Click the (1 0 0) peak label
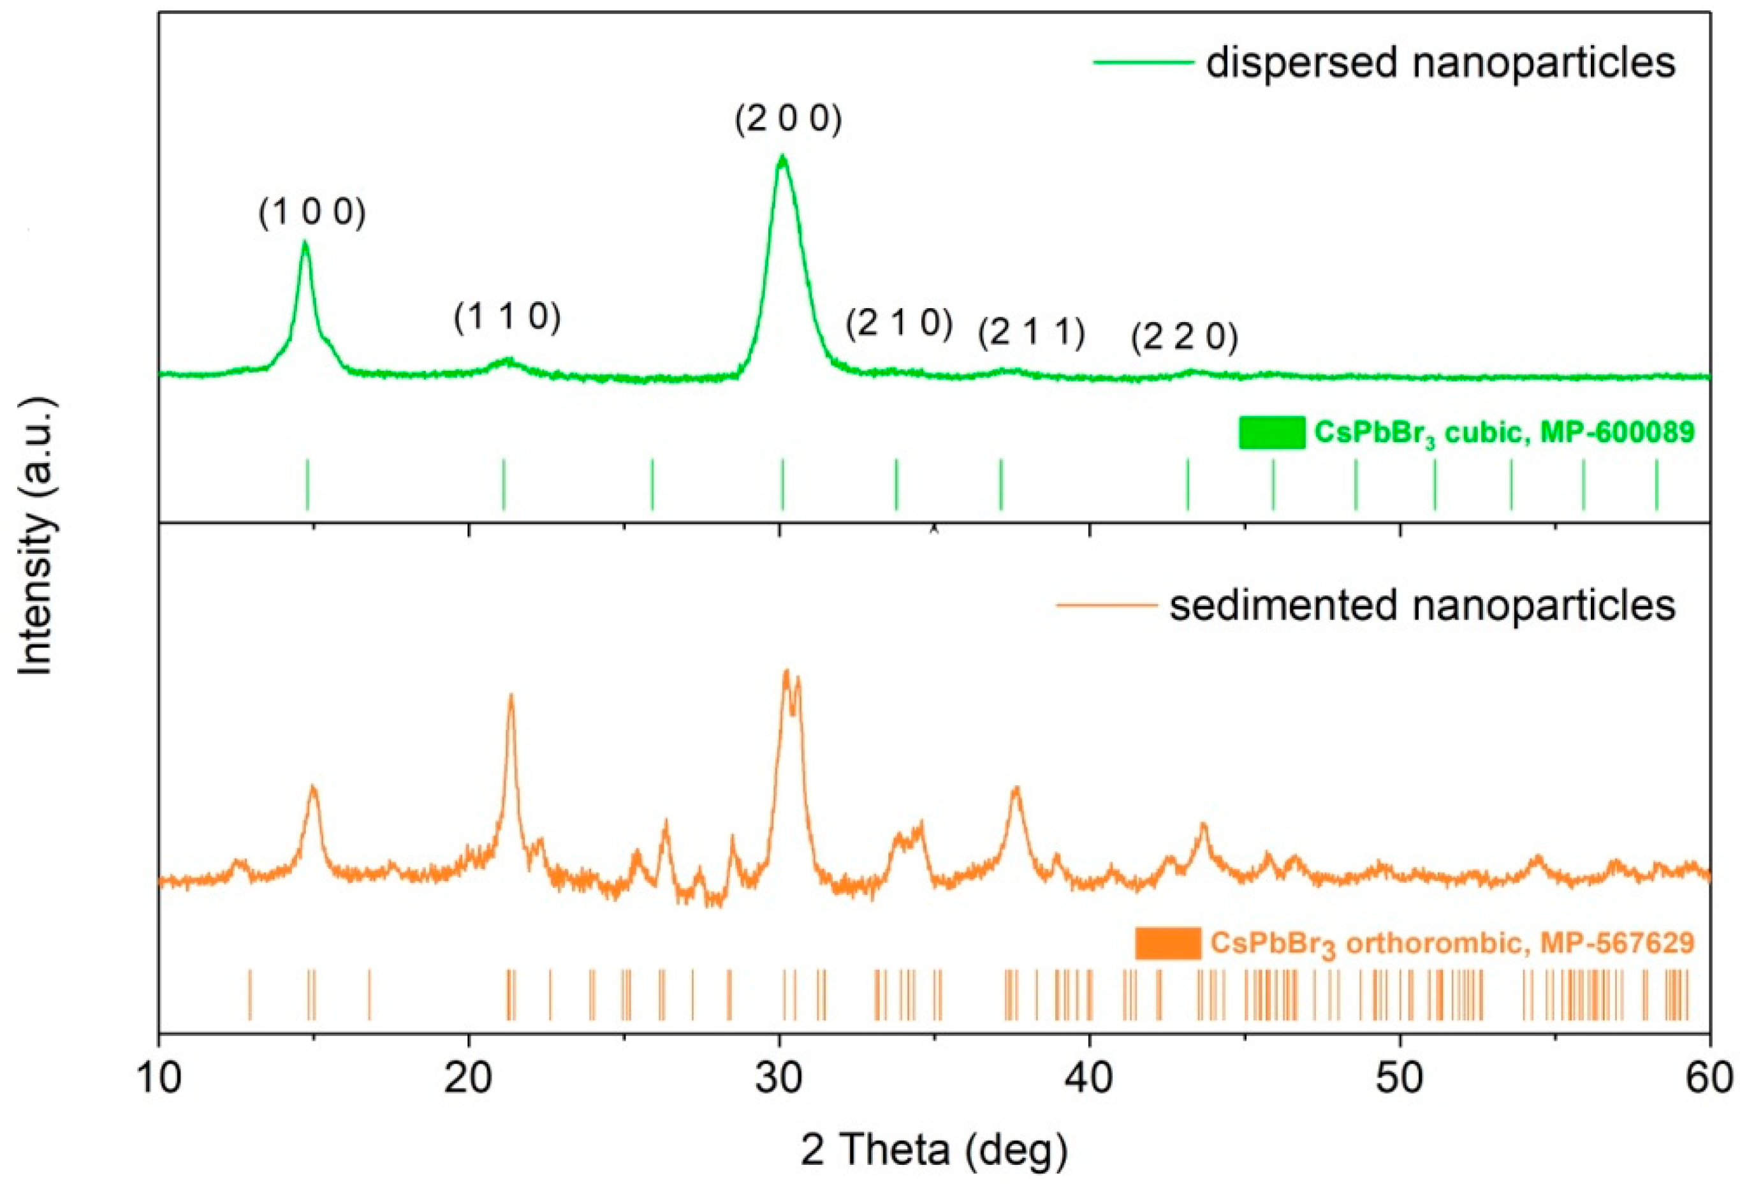point(312,214)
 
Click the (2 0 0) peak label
point(789,120)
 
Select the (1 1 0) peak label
point(507,318)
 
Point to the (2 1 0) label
point(899,323)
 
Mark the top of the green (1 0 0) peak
point(305,242)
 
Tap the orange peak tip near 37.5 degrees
point(1016,788)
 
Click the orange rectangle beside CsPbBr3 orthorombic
point(1167,944)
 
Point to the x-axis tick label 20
point(469,1081)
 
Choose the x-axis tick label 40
point(1090,1081)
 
